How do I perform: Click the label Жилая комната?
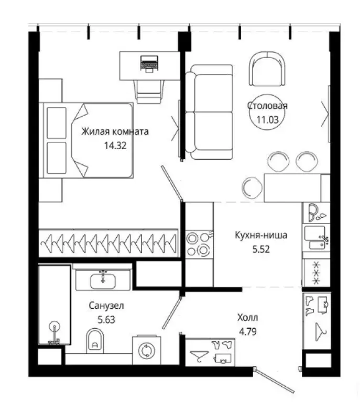(x=115, y=131)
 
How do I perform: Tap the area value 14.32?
(x=115, y=146)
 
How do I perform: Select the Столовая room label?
(x=267, y=106)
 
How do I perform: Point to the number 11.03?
(x=268, y=119)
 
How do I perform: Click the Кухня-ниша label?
(x=261, y=235)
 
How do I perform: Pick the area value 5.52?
(x=261, y=249)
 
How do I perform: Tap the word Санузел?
(x=106, y=306)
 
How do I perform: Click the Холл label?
(x=248, y=318)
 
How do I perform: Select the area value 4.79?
(x=248, y=332)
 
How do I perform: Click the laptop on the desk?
(x=149, y=64)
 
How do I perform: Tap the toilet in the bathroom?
(x=95, y=340)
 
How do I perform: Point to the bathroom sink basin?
(x=103, y=281)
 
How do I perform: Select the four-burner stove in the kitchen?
(x=199, y=244)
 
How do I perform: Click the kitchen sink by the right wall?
(x=316, y=238)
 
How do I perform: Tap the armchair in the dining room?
(x=267, y=69)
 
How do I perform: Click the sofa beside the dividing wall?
(x=209, y=112)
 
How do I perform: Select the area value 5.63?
(x=106, y=320)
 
